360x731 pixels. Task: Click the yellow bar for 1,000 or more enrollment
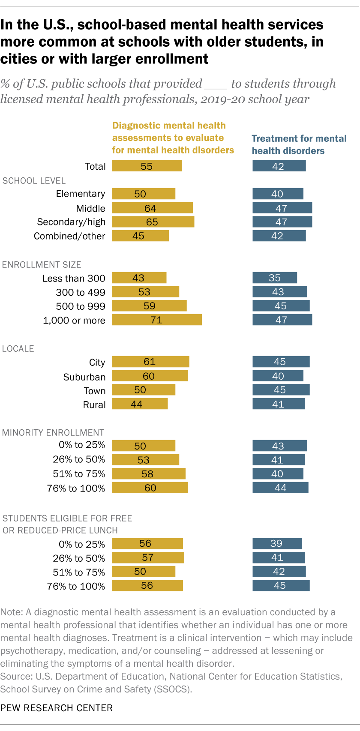pos(157,320)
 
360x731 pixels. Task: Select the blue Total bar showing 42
pos(279,166)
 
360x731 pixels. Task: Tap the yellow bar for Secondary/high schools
pos(153,222)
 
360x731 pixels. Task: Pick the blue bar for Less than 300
pos(275,278)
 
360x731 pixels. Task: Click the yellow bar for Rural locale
pos(140,404)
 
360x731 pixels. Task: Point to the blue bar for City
pos(281,362)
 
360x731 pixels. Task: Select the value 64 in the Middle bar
pos(150,208)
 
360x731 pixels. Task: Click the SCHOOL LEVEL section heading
pos(34,181)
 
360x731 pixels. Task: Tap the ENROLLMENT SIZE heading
pos(42,265)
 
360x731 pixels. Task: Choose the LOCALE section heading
pos(18,349)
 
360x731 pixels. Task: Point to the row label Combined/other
pos(69,236)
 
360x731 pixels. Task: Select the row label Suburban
pos(84,377)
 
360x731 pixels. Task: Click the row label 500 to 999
pos(81,306)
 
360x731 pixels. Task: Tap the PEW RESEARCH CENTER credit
pos(57,708)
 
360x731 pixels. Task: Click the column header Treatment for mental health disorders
pos(299,144)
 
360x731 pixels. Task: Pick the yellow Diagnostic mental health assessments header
pos(173,138)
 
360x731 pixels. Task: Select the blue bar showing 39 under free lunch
pos(277,543)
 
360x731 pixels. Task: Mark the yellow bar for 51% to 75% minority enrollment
pos(149,473)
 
